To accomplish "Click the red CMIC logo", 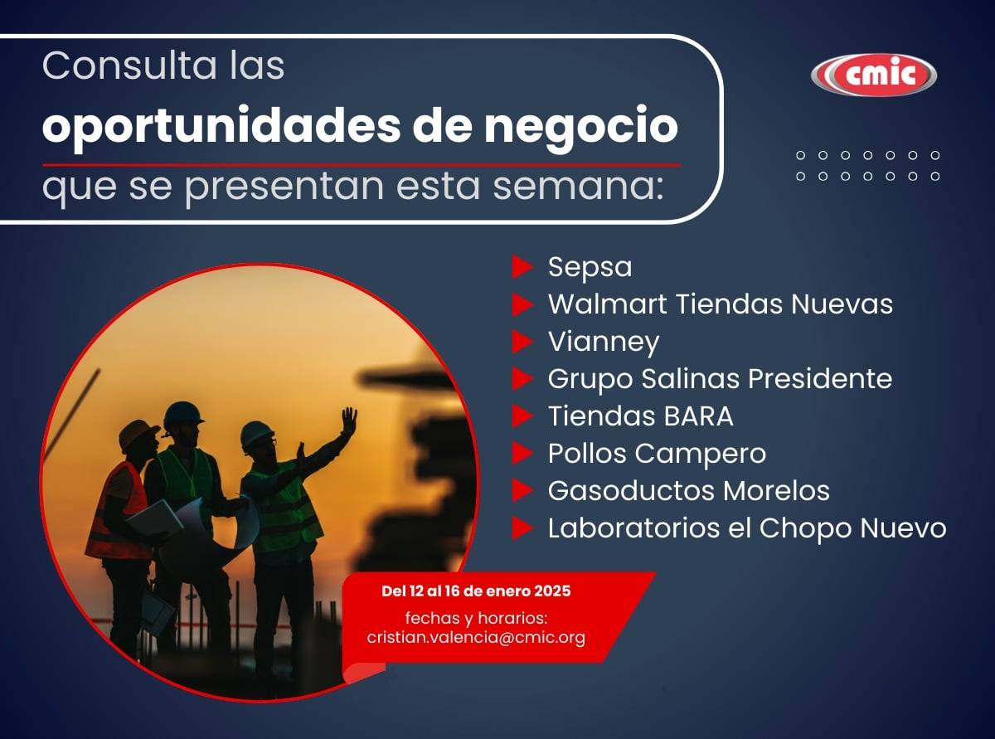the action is (x=873, y=75).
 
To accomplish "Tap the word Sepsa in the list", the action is (x=590, y=267).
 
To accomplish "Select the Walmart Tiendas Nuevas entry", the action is (x=721, y=304).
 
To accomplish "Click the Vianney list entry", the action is (x=604, y=343).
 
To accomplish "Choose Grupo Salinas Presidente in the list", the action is (x=720, y=379).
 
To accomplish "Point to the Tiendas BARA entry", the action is (x=641, y=416).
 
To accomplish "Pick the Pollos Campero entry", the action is (x=657, y=454).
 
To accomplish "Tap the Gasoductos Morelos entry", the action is (x=688, y=490).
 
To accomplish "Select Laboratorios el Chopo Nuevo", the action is (x=747, y=528).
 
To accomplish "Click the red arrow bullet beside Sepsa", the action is (x=522, y=267).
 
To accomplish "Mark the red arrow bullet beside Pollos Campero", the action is (x=522, y=453).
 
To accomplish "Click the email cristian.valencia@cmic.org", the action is (x=476, y=638).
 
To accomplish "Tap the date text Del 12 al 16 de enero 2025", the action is (x=476, y=591).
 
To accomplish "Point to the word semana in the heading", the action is (x=578, y=187).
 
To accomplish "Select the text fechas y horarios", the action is (x=476, y=618).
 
